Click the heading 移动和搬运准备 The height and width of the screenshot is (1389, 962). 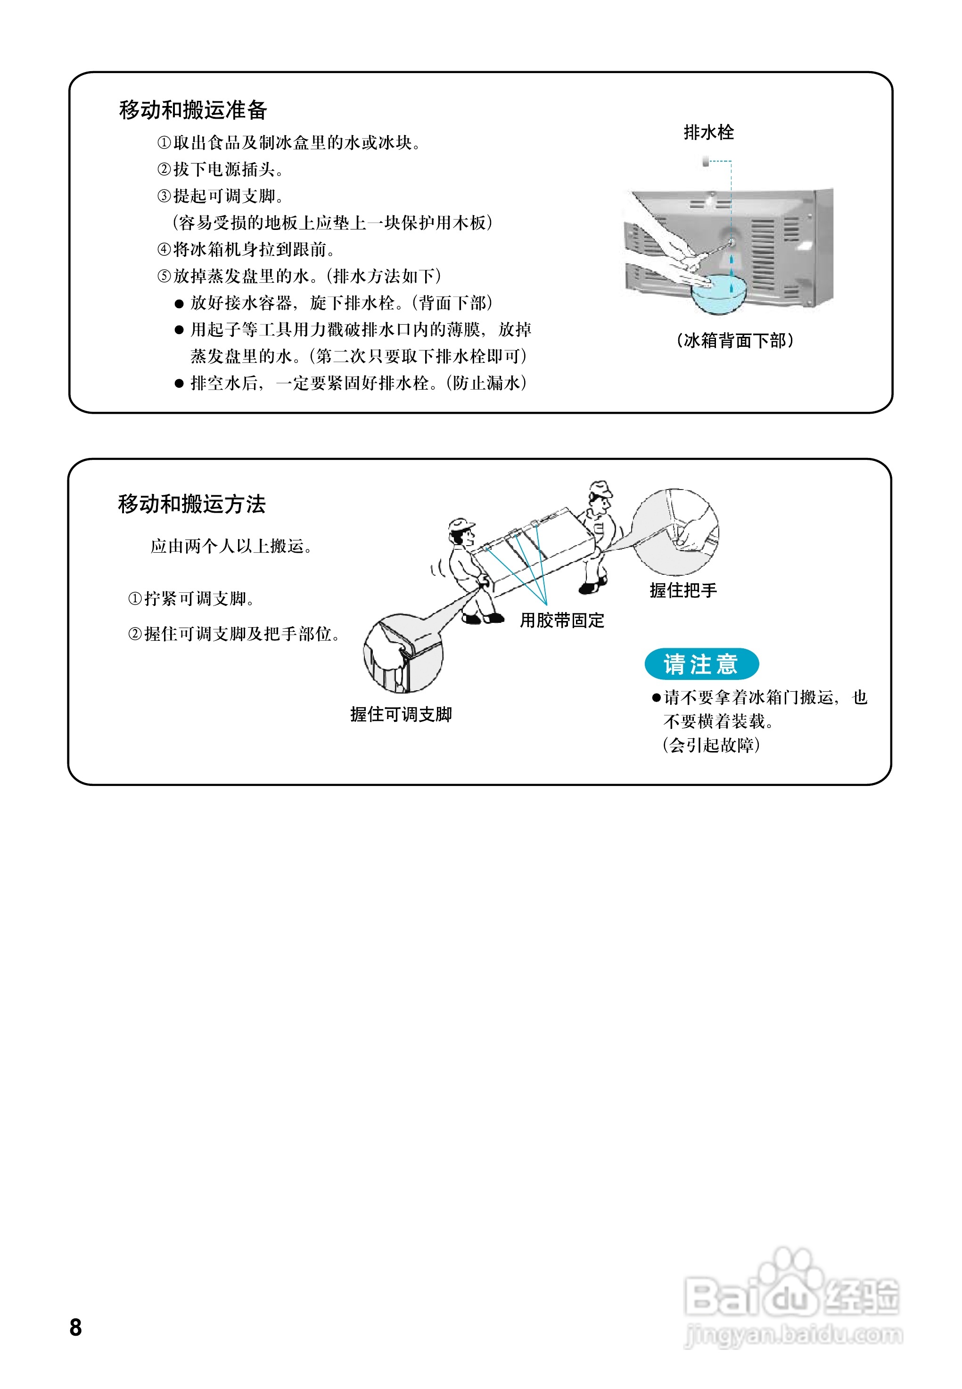click(x=193, y=110)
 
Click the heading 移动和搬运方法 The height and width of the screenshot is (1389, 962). click(x=192, y=504)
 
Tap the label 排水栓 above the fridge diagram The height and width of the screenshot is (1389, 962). click(x=708, y=132)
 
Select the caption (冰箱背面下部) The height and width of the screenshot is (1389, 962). click(x=735, y=341)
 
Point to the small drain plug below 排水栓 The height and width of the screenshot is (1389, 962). click(x=705, y=162)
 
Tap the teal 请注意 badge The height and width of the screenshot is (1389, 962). click(x=701, y=664)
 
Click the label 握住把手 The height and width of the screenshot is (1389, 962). click(x=683, y=590)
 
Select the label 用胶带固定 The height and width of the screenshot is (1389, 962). click(x=562, y=620)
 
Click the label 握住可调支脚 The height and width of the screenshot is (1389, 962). click(x=401, y=714)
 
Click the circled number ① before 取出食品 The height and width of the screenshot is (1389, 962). click(x=164, y=143)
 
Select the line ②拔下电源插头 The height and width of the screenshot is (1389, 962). click(x=220, y=169)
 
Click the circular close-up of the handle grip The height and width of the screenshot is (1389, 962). click(x=674, y=531)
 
